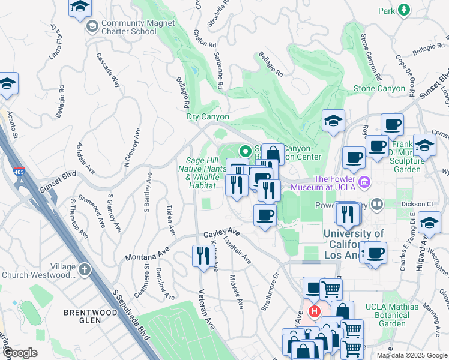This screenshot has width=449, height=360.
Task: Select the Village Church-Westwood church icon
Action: pyautogui.click(x=84, y=268)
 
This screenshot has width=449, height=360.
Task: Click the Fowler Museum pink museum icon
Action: pyautogui.click(x=363, y=182)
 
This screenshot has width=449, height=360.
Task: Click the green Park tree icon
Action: pyautogui.click(x=404, y=10)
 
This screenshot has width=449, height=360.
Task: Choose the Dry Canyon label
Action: pyautogui.click(x=208, y=117)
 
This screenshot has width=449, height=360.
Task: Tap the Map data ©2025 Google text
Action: pyautogui.click(x=411, y=355)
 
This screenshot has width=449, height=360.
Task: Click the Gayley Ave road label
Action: pyautogui.click(x=221, y=233)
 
